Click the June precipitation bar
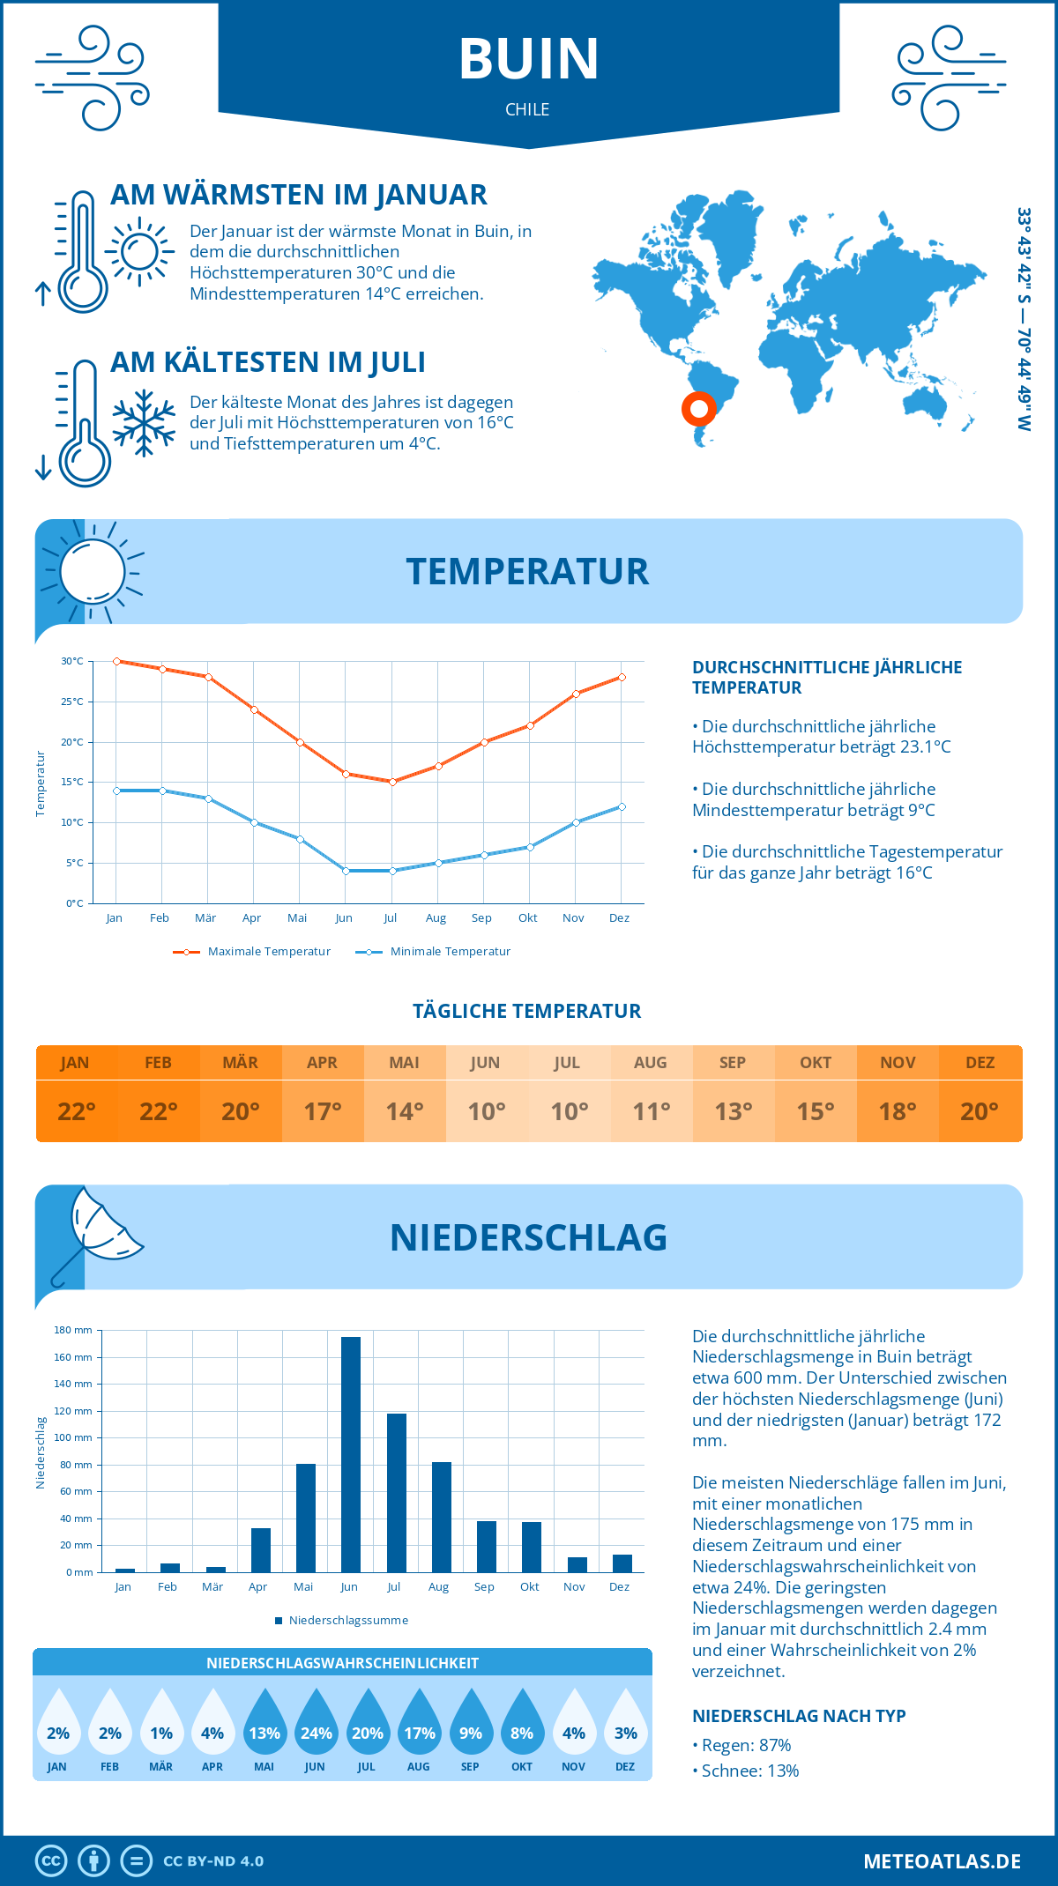coord(351,1454)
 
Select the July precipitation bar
coord(397,1493)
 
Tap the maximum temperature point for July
coord(392,782)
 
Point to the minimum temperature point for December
coord(622,806)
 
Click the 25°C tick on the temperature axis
coord(72,702)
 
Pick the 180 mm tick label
coord(73,1330)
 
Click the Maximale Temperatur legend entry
coord(252,952)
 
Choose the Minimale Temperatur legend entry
coord(434,952)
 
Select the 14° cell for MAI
coord(405,1111)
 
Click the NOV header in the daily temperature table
coord(898,1063)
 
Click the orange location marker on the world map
coord(699,409)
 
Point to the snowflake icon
coord(144,423)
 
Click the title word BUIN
coord(529,59)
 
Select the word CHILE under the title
coord(527,109)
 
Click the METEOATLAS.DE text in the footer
coord(942,1861)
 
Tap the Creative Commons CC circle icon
coord(51,1861)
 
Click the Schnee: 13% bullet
coord(749,1771)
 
